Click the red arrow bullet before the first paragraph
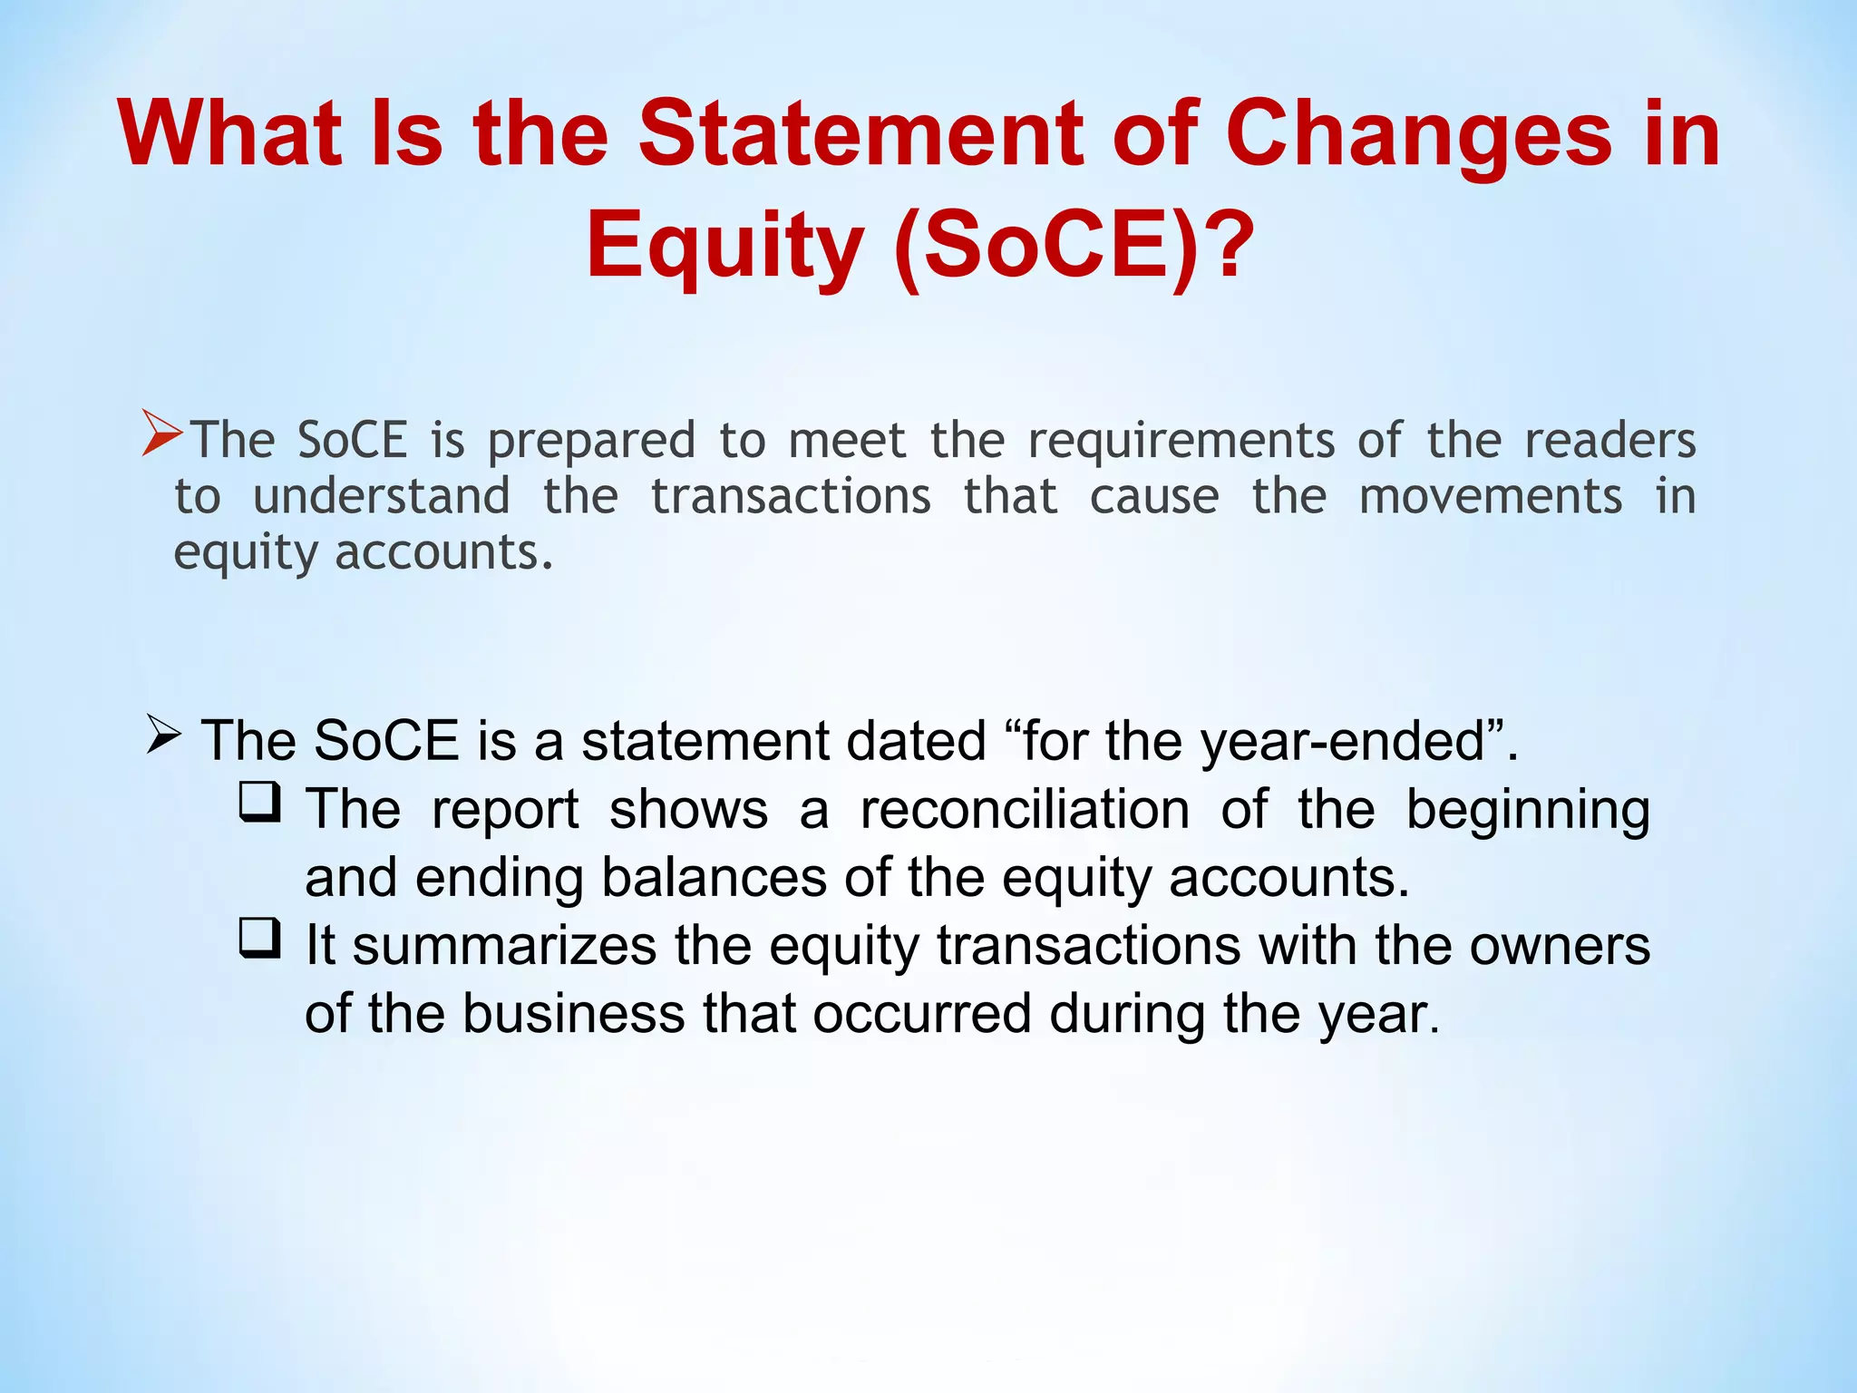click(x=162, y=433)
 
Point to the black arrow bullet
click(x=164, y=734)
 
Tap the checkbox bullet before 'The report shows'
click(x=259, y=803)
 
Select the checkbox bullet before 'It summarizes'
click(x=259, y=939)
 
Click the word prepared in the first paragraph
click(x=591, y=442)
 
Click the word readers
click(x=1609, y=440)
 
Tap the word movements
click(x=1490, y=497)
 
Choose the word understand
click(x=381, y=497)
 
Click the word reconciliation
click(x=1025, y=809)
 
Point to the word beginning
click(x=1528, y=811)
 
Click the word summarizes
click(x=504, y=946)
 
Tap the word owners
click(x=1560, y=946)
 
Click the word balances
click(x=715, y=878)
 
